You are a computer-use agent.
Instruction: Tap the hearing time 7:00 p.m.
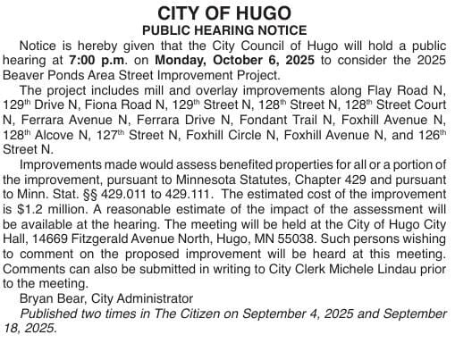coord(94,60)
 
